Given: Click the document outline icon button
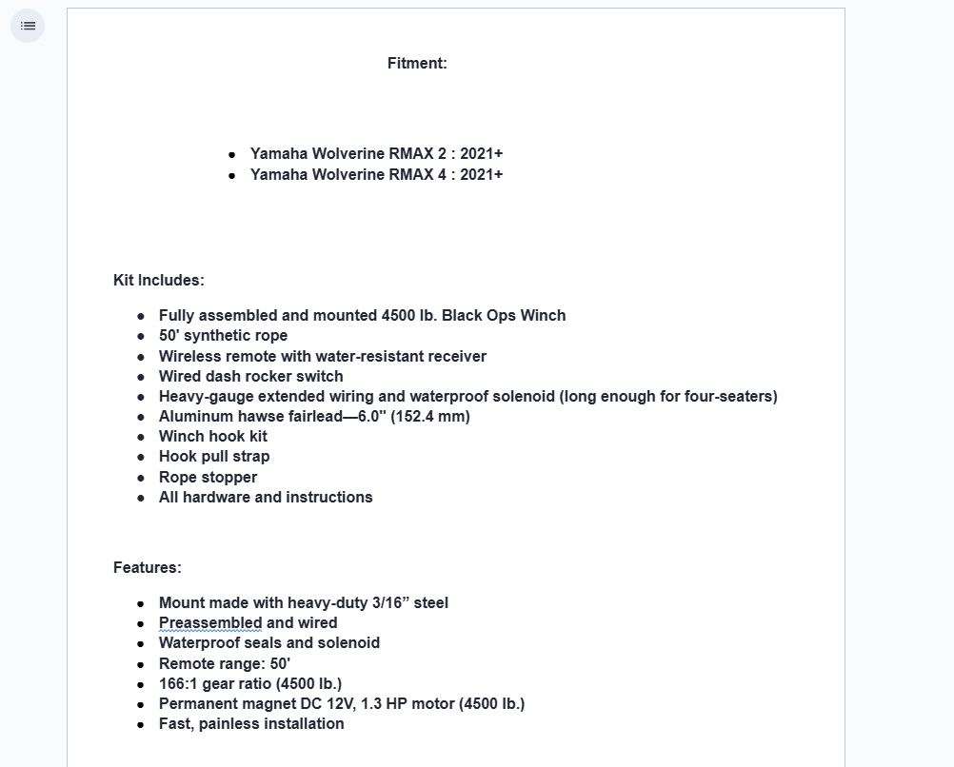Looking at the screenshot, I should [28, 26].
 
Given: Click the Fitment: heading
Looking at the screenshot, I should [417, 64].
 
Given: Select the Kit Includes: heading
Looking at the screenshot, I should [158, 281].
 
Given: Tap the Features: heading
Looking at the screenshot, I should [147, 568].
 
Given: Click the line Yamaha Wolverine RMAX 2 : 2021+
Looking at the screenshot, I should [376, 154].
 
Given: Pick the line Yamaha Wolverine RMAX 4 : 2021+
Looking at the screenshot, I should [376, 175].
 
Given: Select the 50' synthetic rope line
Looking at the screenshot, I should [223, 336].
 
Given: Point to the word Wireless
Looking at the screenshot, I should [190, 357].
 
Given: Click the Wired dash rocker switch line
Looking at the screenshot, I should [250, 377].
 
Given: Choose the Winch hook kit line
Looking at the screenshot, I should [212, 437].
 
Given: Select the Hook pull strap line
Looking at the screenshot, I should [214, 457].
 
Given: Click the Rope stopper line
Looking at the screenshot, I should [208, 478].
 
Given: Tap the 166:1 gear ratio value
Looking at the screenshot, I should [178, 684].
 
